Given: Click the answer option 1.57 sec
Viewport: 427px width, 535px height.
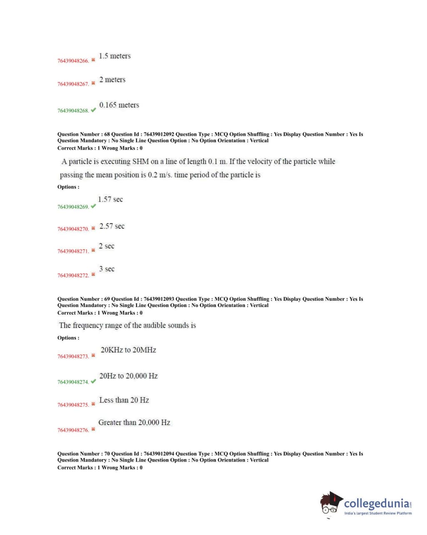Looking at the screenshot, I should [110, 200].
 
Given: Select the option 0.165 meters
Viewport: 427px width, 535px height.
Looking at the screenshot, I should [119, 105].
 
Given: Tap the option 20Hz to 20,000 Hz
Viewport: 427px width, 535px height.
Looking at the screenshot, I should [128, 376].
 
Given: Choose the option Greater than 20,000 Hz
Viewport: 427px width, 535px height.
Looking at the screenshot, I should [134, 422].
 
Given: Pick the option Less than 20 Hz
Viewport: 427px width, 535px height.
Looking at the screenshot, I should [124, 400].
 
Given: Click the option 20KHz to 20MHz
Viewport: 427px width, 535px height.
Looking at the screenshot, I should [128, 350].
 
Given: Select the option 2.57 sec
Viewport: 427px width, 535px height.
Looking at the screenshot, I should [112, 226].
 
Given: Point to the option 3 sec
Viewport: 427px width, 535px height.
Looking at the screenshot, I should [107, 269].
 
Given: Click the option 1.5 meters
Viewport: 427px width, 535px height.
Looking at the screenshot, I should [115, 56].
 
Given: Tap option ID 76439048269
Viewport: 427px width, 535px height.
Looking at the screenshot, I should [73, 207].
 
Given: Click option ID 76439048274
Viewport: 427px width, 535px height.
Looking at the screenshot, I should [73, 382].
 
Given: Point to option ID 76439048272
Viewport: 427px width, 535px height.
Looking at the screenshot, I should [73, 276].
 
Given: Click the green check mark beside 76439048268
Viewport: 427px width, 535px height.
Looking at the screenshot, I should [93, 110].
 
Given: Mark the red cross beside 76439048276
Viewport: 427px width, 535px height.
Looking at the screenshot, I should [93, 429].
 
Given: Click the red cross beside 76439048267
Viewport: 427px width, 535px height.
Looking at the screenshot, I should [93, 83].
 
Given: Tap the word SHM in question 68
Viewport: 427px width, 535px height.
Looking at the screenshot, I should [140, 162].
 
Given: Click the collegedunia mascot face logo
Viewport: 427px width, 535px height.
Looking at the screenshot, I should [330, 504].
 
